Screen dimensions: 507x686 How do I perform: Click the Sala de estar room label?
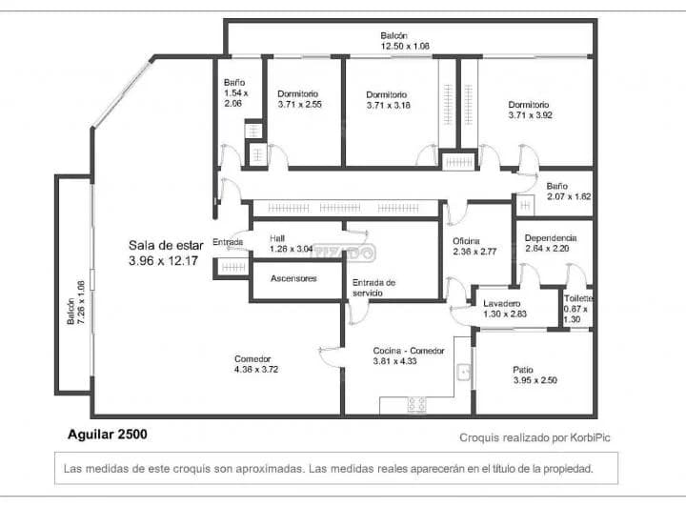pyautogui.click(x=163, y=253)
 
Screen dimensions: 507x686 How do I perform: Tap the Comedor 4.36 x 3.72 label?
pyautogui.click(x=257, y=364)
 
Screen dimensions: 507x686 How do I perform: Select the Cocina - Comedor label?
pyautogui.click(x=409, y=356)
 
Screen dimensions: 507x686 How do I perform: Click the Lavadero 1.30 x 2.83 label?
pyautogui.click(x=505, y=307)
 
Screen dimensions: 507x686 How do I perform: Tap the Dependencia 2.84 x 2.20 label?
pyautogui.click(x=550, y=243)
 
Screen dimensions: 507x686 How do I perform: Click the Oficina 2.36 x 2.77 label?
pyautogui.click(x=474, y=246)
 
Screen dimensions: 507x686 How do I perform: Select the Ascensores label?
pyautogui.click(x=293, y=279)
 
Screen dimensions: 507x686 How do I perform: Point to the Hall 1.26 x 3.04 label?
pyautogui.click(x=290, y=244)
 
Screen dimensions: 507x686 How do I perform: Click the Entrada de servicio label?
pyautogui.click(x=373, y=288)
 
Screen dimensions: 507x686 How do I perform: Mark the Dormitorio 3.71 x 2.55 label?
pyautogui.click(x=300, y=99)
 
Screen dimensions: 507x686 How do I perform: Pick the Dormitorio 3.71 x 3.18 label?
pyautogui.click(x=388, y=100)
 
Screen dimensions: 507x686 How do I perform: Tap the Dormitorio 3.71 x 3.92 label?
pyautogui.click(x=530, y=110)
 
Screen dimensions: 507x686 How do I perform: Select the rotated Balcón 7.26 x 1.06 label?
pyautogui.click(x=75, y=303)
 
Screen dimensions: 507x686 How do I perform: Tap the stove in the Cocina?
pyautogui.click(x=417, y=404)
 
